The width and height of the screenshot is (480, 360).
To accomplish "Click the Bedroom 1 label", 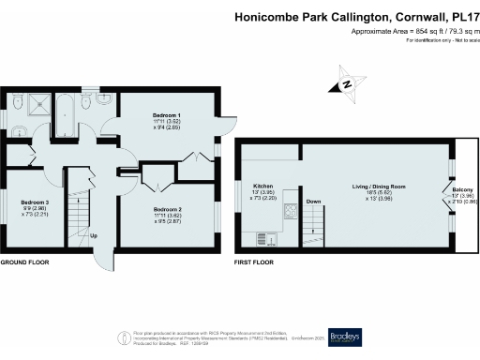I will click(166, 114).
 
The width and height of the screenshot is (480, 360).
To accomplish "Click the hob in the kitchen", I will click(290, 211).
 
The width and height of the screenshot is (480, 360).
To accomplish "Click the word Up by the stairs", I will click(94, 235).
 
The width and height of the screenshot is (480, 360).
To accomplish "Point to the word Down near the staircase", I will click(314, 202).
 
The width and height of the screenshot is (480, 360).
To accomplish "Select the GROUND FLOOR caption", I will click(24, 262).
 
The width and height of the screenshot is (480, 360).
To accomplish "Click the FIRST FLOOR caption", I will click(255, 262).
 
